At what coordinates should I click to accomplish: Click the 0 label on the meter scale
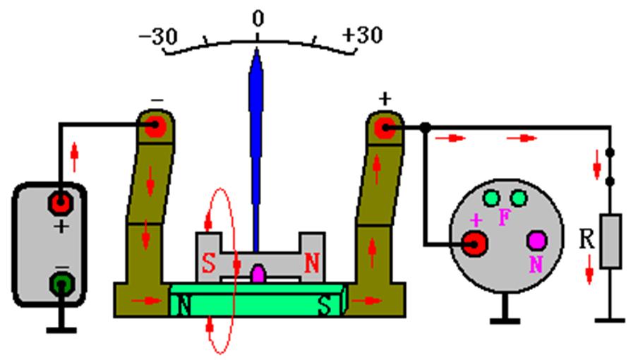tap(258, 19)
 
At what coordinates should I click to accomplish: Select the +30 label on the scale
tap(362, 35)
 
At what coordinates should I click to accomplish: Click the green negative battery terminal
tap(61, 285)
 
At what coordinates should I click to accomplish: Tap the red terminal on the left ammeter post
tap(156, 128)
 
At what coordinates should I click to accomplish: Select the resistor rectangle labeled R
tap(610, 242)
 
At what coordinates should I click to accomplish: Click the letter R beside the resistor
tap(586, 239)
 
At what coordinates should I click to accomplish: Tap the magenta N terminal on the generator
tap(537, 241)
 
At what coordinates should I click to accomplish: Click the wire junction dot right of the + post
tap(426, 128)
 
